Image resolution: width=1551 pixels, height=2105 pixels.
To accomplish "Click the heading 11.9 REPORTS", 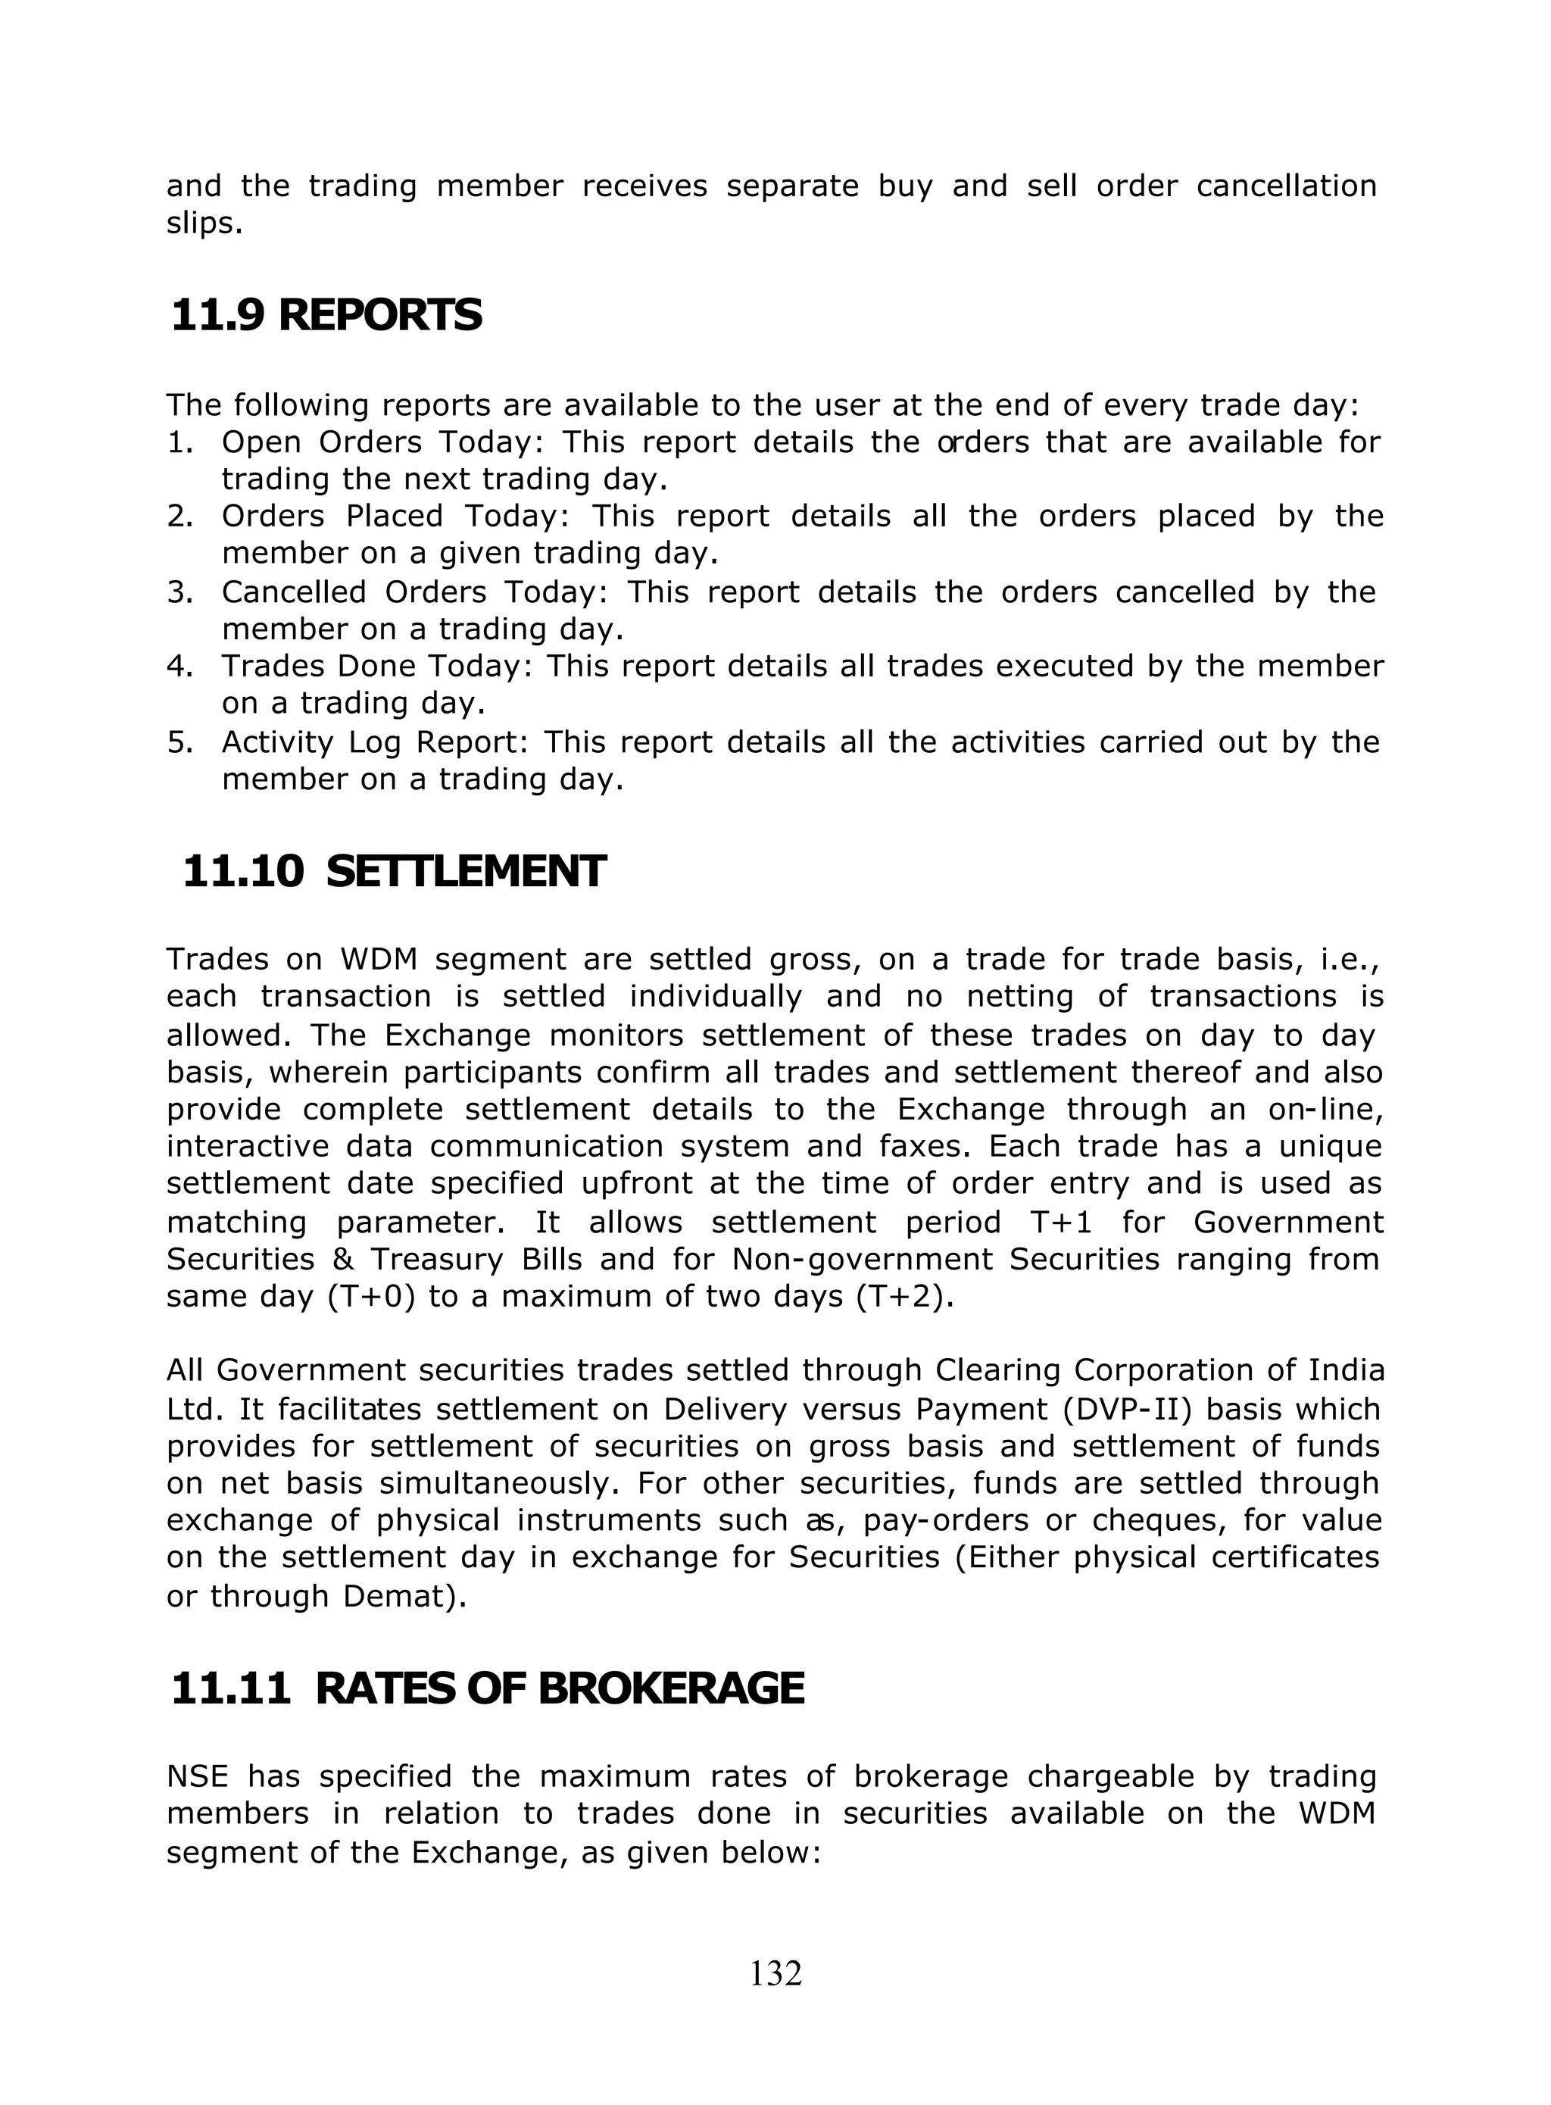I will tap(326, 315).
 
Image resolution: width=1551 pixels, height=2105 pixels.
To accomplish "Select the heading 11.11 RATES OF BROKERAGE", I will tap(487, 1688).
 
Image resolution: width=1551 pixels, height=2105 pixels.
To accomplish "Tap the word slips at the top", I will tap(203, 225).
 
